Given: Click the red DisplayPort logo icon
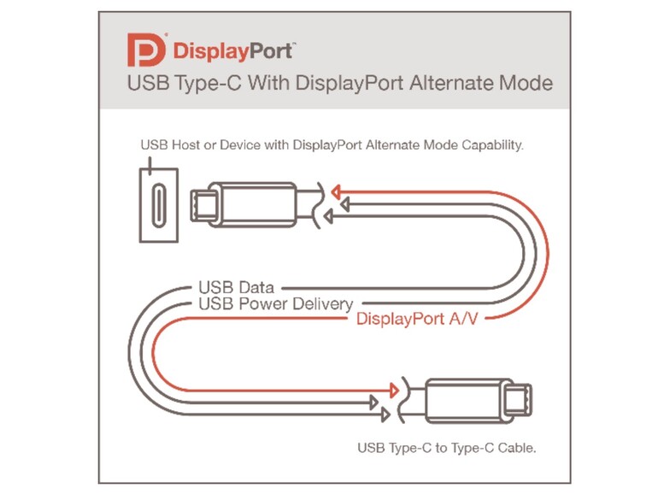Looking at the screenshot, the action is click(x=144, y=50).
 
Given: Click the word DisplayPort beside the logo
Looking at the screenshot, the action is click(x=232, y=51).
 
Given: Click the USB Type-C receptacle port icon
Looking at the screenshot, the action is click(x=158, y=204).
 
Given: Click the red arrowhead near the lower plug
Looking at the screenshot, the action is click(x=393, y=391).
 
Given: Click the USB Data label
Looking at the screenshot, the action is click(x=236, y=288).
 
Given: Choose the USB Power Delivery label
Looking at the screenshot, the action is click(x=275, y=304).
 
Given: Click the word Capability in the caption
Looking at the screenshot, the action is click(x=491, y=146).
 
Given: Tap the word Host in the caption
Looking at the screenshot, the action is click(x=182, y=146).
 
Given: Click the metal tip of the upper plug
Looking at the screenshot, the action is click(x=203, y=204).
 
